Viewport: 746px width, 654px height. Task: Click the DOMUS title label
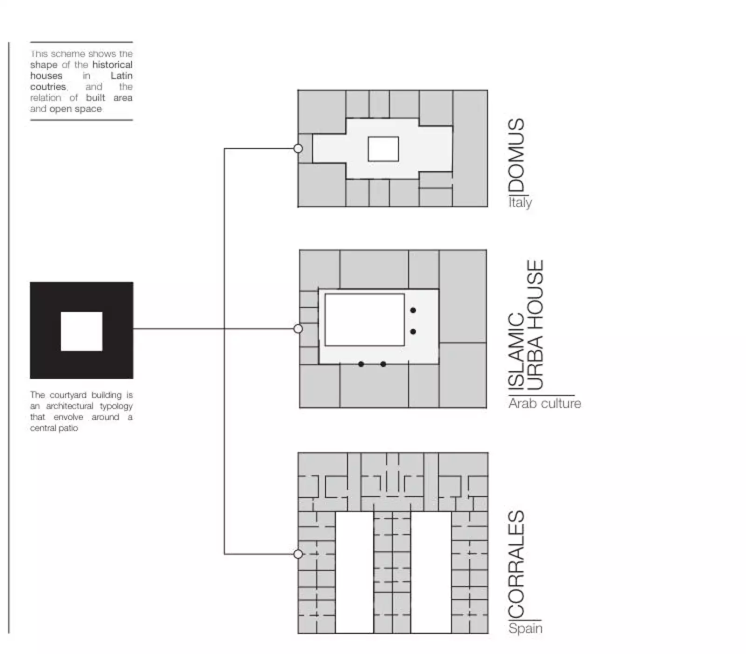click(x=517, y=155)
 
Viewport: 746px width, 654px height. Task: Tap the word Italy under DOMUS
click(x=520, y=202)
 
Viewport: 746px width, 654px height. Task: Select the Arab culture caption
click(x=545, y=403)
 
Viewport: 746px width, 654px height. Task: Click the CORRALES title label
click(x=517, y=564)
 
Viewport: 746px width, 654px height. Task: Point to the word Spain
click(x=525, y=628)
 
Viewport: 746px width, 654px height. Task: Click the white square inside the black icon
click(x=82, y=331)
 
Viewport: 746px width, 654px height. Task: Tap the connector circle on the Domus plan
click(x=298, y=149)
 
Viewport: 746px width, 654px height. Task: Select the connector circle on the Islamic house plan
click(x=298, y=329)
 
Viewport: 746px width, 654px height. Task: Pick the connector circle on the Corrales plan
click(x=298, y=554)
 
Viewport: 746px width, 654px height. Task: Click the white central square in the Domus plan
click(x=383, y=149)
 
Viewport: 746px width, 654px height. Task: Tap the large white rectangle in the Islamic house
click(x=365, y=320)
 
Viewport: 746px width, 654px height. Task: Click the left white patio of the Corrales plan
click(x=354, y=572)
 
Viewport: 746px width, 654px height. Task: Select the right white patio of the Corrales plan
click(x=431, y=572)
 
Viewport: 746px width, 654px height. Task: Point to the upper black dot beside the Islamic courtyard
click(x=413, y=310)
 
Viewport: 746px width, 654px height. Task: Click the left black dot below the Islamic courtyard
click(x=361, y=364)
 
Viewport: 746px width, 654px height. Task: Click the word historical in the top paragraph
click(x=112, y=65)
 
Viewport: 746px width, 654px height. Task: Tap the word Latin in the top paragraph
click(x=122, y=76)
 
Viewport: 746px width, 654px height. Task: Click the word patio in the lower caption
click(x=68, y=428)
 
